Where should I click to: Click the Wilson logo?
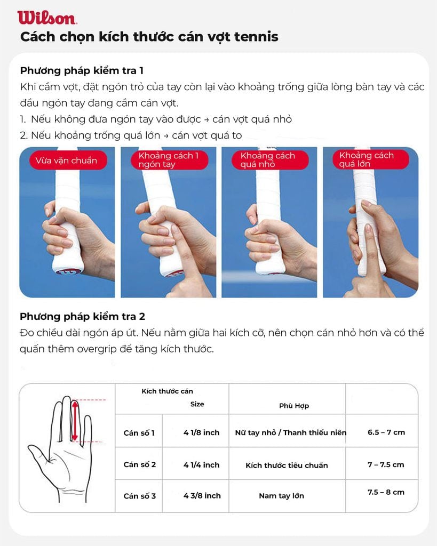(x=47, y=18)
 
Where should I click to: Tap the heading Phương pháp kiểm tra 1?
(x=82, y=71)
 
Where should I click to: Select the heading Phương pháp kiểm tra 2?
(x=82, y=317)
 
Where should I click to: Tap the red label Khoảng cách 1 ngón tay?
(x=169, y=160)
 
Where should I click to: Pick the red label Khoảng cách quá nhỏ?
(x=270, y=160)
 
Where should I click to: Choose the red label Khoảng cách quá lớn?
(x=370, y=159)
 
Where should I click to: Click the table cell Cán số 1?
(x=139, y=433)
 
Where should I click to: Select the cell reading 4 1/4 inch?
(x=201, y=465)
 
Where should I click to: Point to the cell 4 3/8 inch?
(x=202, y=495)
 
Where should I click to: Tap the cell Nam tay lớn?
(x=281, y=495)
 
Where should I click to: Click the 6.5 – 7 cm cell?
(x=386, y=432)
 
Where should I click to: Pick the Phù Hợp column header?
(x=294, y=406)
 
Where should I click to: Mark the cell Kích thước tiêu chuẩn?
(x=287, y=465)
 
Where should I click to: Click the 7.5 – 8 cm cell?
(x=386, y=492)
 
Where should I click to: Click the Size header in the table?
(x=197, y=404)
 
